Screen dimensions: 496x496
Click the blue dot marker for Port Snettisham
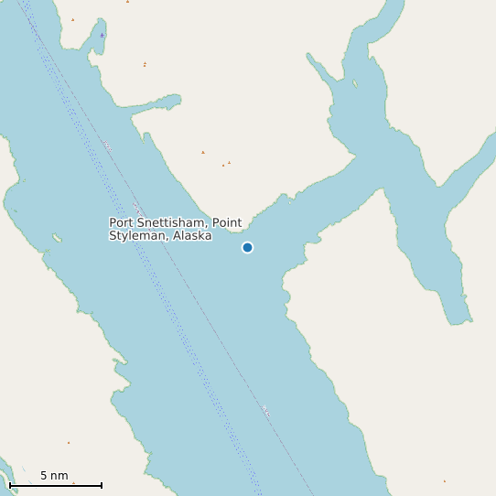tap(247, 247)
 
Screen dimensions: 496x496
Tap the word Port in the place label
tap(121, 222)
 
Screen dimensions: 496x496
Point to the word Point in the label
tap(228, 222)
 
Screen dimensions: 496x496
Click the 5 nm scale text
tap(54, 476)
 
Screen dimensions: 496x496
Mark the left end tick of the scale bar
tap(10, 485)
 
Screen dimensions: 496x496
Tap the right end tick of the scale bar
tap(101, 485)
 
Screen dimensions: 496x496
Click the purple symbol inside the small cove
tap(102, 36)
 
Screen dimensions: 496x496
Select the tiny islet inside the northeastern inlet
tap(355, 85)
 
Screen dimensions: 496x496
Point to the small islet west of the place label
tap(57, 238)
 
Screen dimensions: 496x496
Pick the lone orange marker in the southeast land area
tap(445, 480)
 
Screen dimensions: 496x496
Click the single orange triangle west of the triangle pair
tap(203, 152)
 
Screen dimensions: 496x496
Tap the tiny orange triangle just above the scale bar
tap(68, 443)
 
